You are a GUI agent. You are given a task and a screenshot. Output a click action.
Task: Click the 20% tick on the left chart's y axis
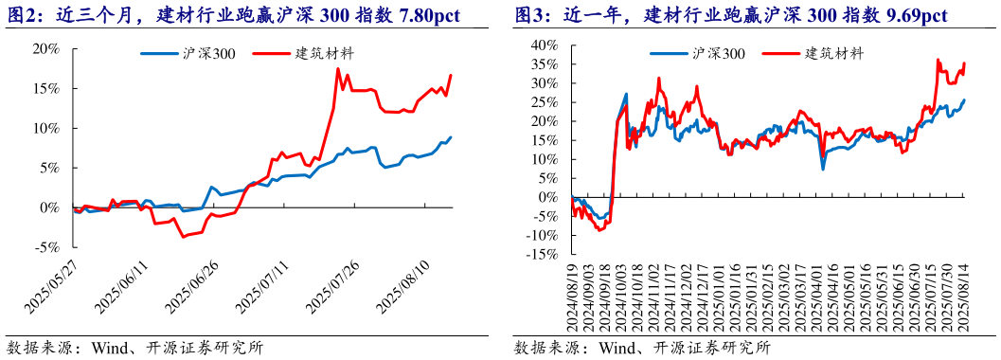(49, 48)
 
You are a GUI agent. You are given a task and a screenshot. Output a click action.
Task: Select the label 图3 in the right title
(528, 16)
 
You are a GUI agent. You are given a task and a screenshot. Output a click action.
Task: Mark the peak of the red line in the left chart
(338, 69)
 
